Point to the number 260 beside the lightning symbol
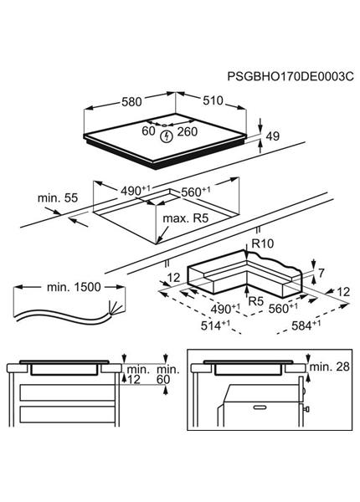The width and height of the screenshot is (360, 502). tap(188, 132)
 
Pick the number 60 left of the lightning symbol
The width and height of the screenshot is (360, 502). tap(148, 132)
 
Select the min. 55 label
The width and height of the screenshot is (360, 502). tap(56, 197)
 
